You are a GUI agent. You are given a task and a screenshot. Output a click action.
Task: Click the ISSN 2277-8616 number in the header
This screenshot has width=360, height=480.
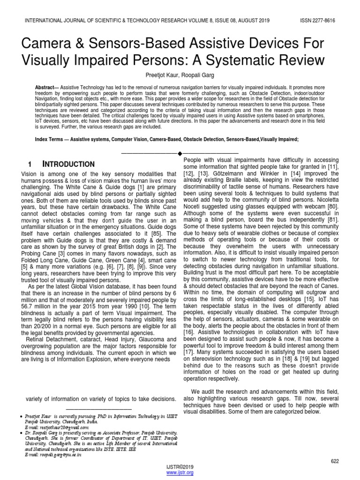(317, 21)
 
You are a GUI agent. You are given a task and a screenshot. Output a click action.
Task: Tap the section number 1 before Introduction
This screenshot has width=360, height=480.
(30, 164)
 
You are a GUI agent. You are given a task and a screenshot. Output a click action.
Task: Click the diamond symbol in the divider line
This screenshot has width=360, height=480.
(180, 153)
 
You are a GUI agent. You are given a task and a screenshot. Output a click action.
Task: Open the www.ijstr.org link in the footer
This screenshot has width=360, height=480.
(180, 472)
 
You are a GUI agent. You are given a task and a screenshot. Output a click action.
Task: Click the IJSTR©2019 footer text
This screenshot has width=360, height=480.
(180, 466)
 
